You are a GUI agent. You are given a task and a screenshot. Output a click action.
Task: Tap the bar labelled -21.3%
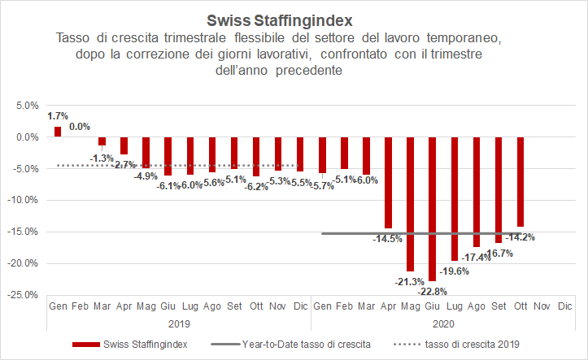(410, 203)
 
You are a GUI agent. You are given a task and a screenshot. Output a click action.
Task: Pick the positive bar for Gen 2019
(58, 132)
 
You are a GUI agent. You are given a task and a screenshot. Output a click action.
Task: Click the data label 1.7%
(58, 117)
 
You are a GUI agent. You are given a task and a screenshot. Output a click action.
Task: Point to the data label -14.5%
(387, 239)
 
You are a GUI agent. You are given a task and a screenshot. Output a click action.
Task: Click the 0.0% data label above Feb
(80, 127)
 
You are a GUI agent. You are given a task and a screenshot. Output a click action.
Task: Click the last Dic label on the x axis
(564, 306)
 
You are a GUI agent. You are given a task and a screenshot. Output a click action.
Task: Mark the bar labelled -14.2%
(520, 182)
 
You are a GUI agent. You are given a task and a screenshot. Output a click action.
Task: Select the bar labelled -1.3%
(102, 141)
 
